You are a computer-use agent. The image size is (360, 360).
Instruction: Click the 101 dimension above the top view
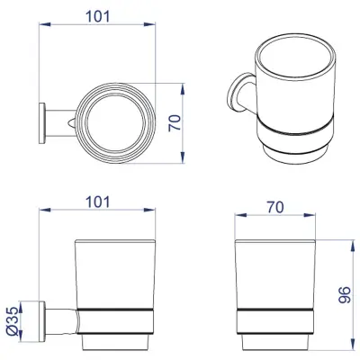click(98, 16)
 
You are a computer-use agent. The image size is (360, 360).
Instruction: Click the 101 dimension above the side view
click(98, 202)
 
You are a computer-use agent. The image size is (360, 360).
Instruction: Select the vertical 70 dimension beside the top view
click(175, 122)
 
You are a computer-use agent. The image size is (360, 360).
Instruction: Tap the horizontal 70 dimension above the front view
click(275, 207)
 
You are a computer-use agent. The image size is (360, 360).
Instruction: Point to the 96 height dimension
click(344, 295)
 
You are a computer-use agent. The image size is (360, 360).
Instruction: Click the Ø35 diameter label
click(13, 321)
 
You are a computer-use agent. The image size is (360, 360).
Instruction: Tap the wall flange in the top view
click(42, 123)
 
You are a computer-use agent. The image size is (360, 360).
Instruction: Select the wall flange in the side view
click(42, 321)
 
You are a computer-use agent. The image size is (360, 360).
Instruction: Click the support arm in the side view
click(61, 321)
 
